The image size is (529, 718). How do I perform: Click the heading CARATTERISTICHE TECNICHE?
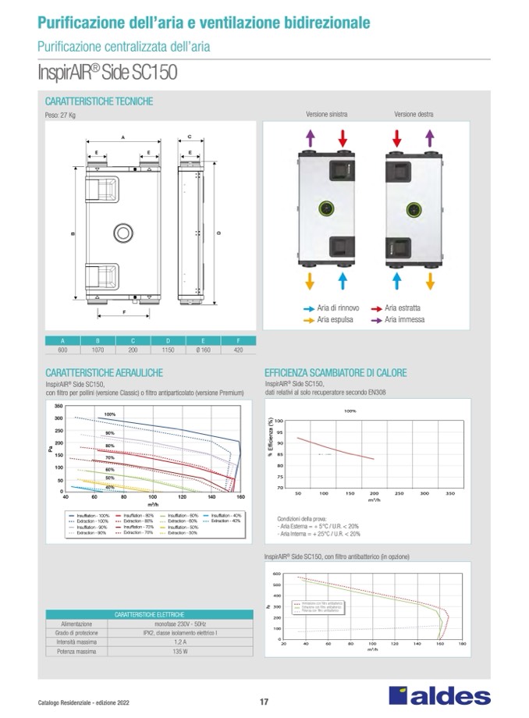[99, 101]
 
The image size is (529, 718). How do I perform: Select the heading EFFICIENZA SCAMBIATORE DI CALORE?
[336, 373]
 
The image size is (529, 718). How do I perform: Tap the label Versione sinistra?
[327, 114]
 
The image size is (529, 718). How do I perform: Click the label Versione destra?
[414, 114]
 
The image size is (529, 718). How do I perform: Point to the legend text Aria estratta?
[403, 309]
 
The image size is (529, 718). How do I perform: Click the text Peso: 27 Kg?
[60, 116]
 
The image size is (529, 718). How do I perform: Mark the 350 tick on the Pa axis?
[59, 407]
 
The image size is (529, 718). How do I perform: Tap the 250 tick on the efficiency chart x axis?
[399, 494]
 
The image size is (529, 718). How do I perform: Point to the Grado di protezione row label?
[77, 632]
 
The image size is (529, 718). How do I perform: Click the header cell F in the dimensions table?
[239, 341]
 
